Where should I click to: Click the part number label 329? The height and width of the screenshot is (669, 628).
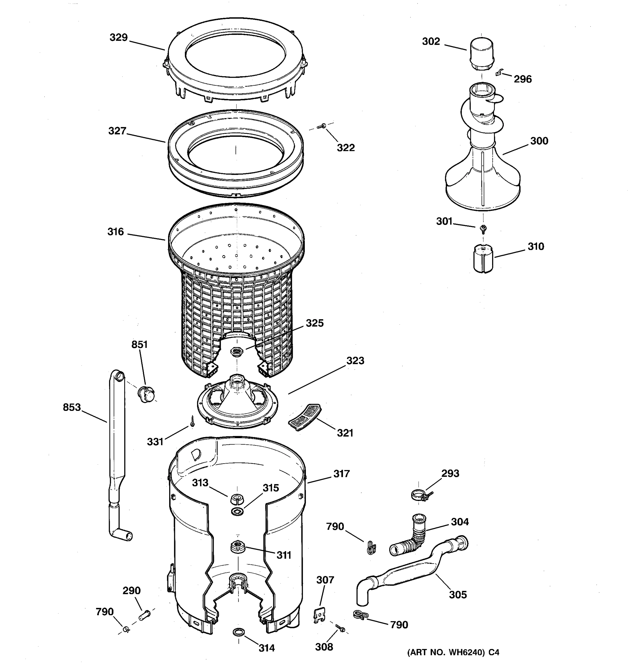coord(119,37)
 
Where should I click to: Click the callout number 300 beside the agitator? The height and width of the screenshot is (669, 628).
coord(539,141)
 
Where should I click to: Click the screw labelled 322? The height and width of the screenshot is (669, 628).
coord(322,126)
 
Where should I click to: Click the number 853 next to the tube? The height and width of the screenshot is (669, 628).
coord(72,407)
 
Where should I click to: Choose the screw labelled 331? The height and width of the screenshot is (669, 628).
coord(192,421)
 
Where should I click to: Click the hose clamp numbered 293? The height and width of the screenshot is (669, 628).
coord(420,495)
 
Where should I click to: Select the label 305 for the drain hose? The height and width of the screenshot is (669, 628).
coord(458,595)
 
